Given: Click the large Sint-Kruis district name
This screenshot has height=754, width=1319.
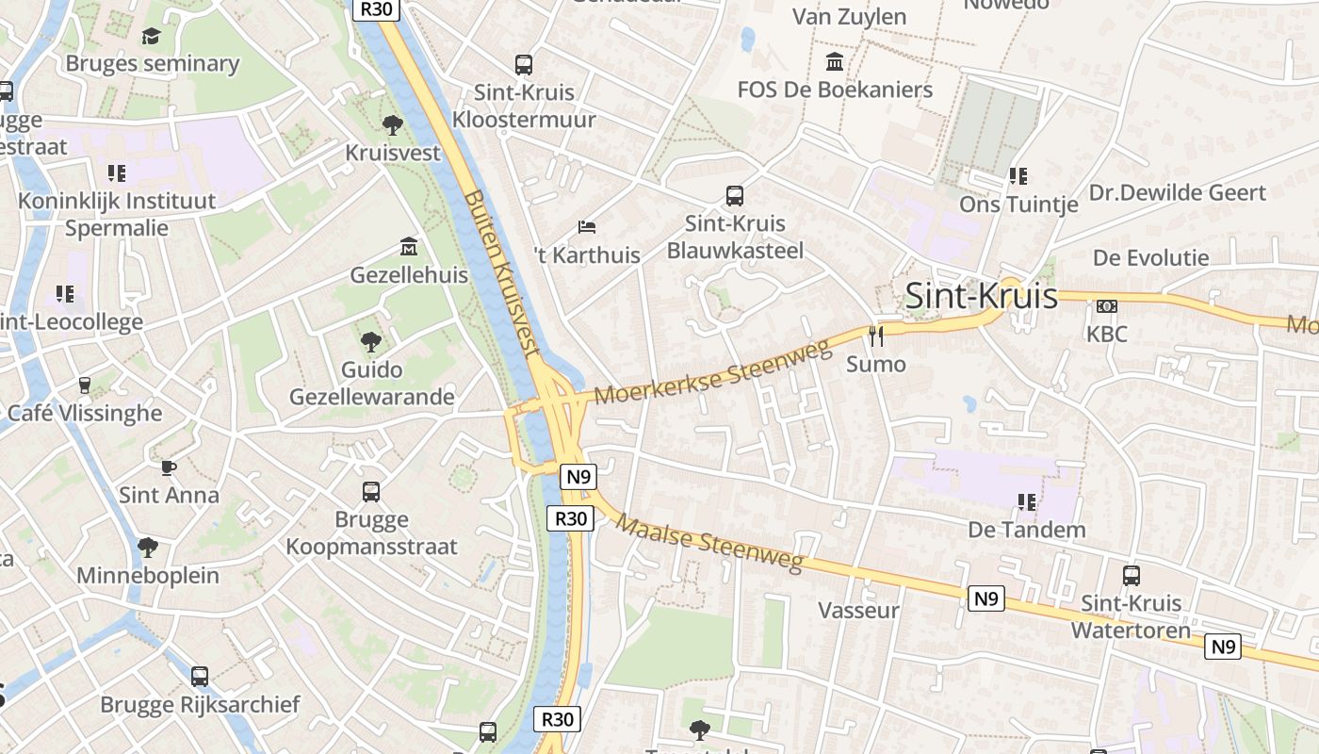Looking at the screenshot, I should [x=980, y=296].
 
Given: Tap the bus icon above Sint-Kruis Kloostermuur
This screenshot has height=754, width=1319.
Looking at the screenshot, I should [x=524, y=65].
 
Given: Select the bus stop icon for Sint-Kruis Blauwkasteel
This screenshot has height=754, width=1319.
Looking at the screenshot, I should [x=735, y=196].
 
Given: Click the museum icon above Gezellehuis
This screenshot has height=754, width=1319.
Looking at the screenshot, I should [x=409, y=247].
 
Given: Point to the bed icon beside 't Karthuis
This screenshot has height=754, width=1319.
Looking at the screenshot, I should [x=587, y=227].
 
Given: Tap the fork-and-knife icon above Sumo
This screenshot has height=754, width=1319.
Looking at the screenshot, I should [x=876, y=336].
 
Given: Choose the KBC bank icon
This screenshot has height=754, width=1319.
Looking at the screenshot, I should [x=1107, y=306].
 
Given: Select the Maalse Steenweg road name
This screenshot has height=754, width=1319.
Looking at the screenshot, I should [x=712, y=544].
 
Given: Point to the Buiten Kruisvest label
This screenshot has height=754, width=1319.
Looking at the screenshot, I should [x=503, y=274].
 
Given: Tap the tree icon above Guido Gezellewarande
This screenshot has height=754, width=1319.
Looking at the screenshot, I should [x=371, y=341].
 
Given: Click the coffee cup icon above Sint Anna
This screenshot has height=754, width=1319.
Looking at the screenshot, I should [x=169, y=467].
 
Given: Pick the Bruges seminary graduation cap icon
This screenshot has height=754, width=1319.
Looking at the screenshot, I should [x=151, y=37].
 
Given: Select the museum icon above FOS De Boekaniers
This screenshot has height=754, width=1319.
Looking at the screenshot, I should [x=835, y=62].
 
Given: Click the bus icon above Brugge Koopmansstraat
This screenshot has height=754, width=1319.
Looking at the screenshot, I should [x=371, y=492].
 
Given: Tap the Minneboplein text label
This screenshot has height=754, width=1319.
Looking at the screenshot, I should [x=148, y=575].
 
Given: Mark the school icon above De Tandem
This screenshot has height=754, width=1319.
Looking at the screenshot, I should [x=1027, y=502].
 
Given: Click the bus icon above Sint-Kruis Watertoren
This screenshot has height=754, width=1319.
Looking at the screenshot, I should [x=1132, y=575].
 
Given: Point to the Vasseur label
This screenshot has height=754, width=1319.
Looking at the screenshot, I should [x=858, y=610].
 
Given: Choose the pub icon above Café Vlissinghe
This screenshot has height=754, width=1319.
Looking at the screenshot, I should [x=85, y=385].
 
